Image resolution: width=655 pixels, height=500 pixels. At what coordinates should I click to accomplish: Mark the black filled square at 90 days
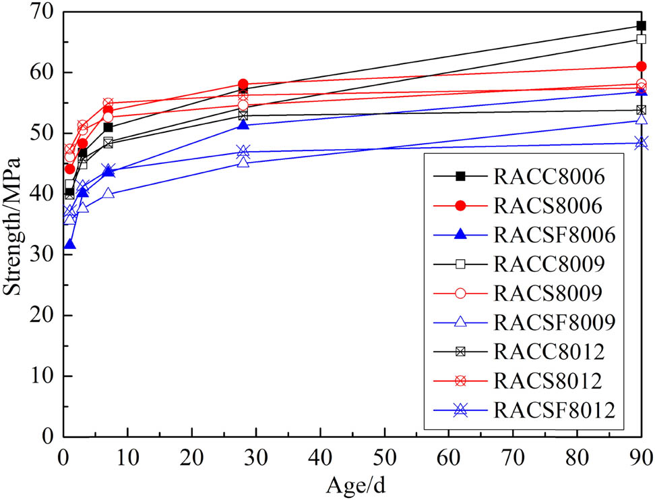(x=641, y=26)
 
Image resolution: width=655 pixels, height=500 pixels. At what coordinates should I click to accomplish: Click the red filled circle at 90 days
(x=641, y=66)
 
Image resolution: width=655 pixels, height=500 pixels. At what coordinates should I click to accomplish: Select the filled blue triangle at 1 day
(x=69, y=245)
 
